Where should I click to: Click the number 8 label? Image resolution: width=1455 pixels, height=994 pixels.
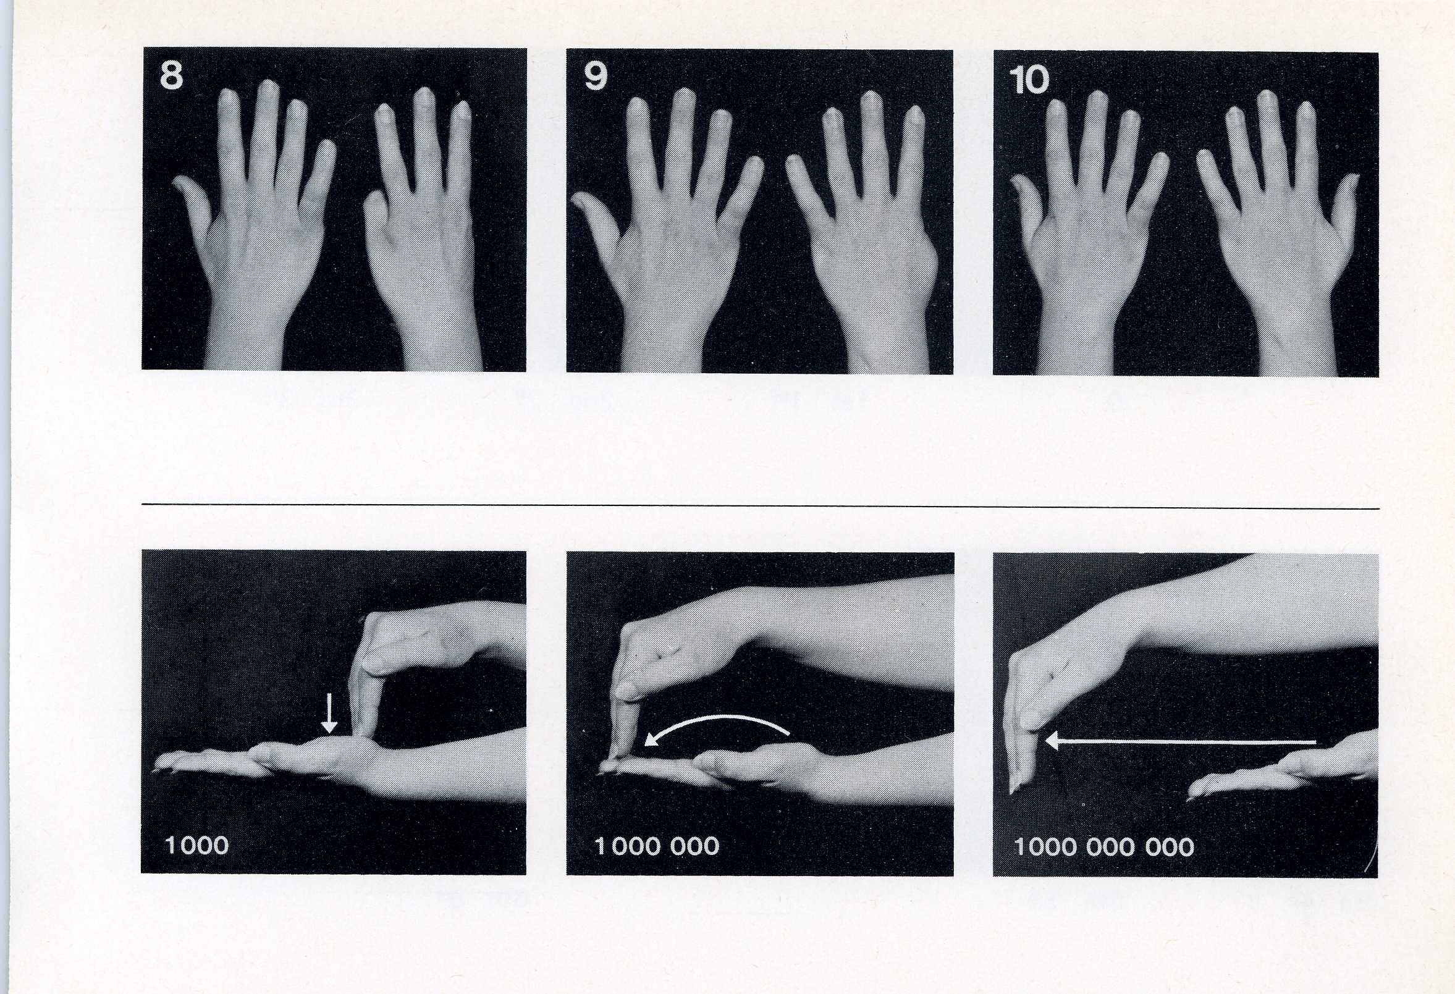click(172, 76)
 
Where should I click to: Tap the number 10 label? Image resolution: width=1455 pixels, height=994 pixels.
click(1029, 81)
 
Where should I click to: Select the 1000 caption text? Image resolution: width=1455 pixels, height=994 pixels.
click(196, 846)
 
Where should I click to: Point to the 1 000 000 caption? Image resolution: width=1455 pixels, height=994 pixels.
click(657, 846)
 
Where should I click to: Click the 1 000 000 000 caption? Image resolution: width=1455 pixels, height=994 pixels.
click(1104, 847)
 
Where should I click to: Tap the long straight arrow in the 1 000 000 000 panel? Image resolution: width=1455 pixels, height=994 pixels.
click(1180, 742)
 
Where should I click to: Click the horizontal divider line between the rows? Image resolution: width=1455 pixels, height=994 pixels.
click(761, 506)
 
